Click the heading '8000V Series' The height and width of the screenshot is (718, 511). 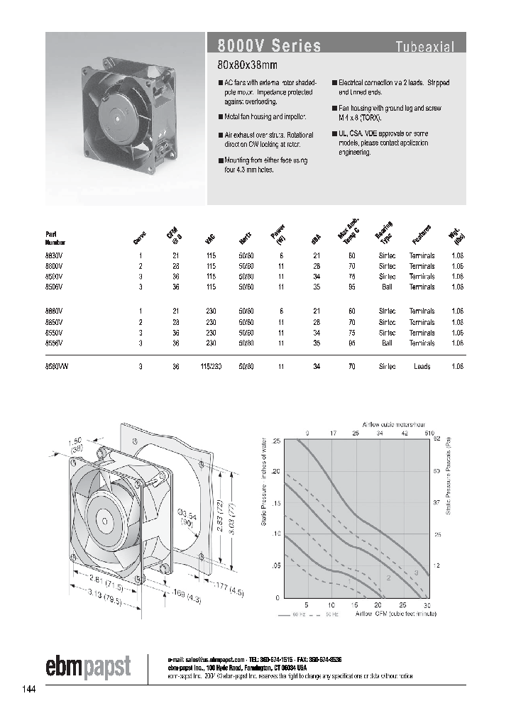(x=264, y=46)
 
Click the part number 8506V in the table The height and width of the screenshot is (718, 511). (x=54, y=287)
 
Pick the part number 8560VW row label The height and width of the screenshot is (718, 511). (x=57, y=366)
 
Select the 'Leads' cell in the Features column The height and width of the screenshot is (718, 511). (x=422, y=366)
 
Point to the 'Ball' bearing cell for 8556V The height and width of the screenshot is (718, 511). (x=387, y=343)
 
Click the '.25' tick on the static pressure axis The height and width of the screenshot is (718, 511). (x=276, y=441)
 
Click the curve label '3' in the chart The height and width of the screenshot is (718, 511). (x=415, y=572)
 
